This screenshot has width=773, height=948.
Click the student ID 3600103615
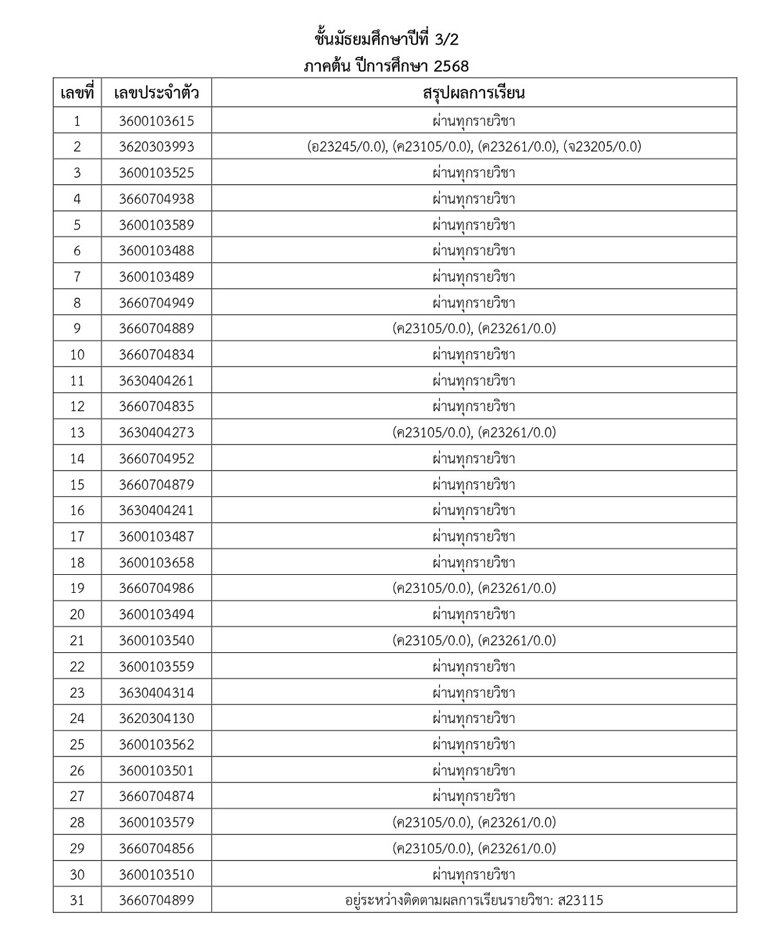pyautogui.click(x=156, y=121)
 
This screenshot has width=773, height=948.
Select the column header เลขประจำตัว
pyautogui.click(x=156, y=93)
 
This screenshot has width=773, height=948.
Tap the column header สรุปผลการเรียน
pyautogui.click(x=473, y=93)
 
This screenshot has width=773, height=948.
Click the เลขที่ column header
pyautogui.click(x=77, y=93)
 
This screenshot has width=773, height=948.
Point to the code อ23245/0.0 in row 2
pyautogui.click(x=347, y=147)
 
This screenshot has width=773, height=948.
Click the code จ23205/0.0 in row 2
pyautogui.click(x=602, y=147)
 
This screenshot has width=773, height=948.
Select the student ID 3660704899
pyautogui.click(x=156, y=900)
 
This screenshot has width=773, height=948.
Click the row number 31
pyautogui.click(x=77, y=900)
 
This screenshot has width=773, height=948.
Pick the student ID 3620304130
pyautogui.click(x=156, y=719)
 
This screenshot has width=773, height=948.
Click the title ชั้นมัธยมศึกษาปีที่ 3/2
pyautogui.click(x=386, y=40)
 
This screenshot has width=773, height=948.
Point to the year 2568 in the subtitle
pyautogui.click(x=451, y=66)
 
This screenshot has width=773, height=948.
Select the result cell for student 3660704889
pyautogui.click(x=473, y=329)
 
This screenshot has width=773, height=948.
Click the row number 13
pyautogui.click(x=77, y=432)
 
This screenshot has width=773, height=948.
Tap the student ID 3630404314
pyautogui.click(x=156, y=693)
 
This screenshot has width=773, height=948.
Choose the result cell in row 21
pyautogui.click(x=473, y=641)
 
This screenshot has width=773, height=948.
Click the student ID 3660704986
pyautogui.click(x=156, y=588)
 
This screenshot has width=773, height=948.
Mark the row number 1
pyautogui.click(x=77, y=121)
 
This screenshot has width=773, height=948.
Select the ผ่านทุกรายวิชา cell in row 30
pyautogui.click(x=473, y=875)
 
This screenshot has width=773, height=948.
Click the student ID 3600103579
pyautogui.click(x=156, y=822)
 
